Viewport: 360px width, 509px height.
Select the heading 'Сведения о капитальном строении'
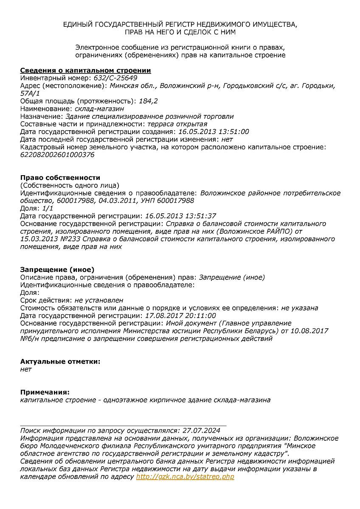[85, 70]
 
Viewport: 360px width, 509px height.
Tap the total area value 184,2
[149, 101]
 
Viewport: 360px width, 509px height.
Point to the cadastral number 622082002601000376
[57, 154]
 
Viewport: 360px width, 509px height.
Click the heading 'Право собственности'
[60, 178]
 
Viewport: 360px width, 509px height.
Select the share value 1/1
[48, 208]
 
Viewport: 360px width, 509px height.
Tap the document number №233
[72, 239]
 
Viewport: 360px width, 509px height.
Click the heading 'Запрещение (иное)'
[57, 269]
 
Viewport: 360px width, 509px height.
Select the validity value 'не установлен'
[99, 300]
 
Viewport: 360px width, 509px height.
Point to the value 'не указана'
[300, 308]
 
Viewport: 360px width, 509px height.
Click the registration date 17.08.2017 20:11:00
[180, 316]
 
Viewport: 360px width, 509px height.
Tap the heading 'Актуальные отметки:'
[60, 361]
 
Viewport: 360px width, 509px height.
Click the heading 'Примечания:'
[45, 392]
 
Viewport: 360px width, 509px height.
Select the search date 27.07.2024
[199, 430]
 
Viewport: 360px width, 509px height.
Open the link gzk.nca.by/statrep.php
[185, 477]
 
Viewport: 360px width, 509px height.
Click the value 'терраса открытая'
[177, 124]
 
